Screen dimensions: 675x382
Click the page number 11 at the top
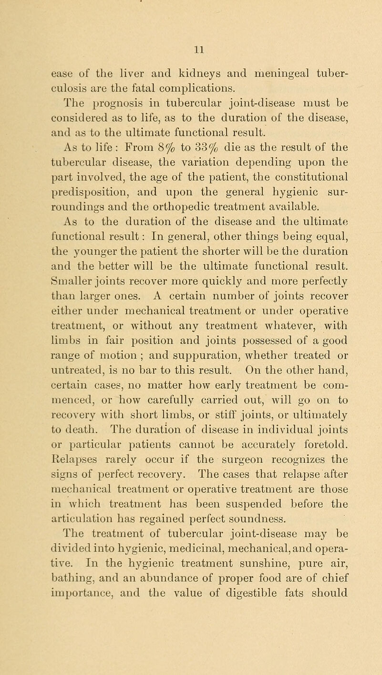(x=190, y=48)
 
